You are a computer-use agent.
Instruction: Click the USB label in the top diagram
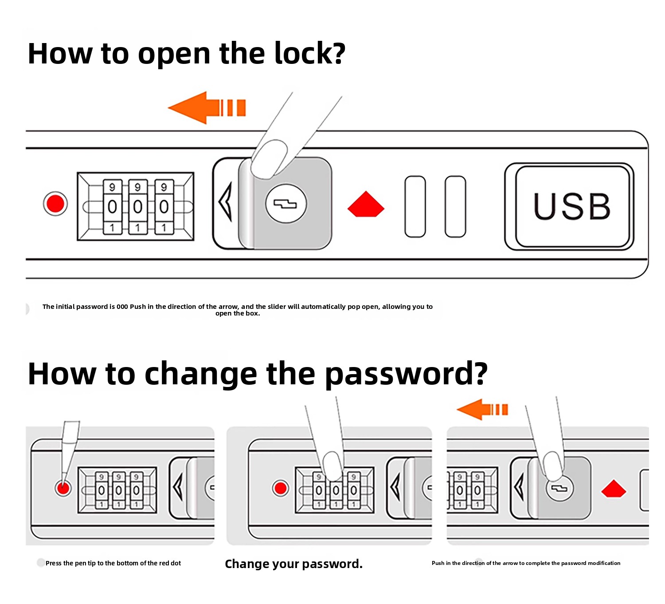[572, 206]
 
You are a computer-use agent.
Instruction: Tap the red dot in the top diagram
[55, 204]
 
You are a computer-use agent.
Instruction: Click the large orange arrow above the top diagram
[207, 107]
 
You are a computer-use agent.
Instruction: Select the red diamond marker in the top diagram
[366, 205]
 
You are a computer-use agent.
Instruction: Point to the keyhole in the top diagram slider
[286, 204]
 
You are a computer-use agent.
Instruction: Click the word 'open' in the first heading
[174, 54]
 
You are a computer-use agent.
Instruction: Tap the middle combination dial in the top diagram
[137, 206]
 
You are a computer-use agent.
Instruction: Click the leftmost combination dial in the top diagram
[112, 206]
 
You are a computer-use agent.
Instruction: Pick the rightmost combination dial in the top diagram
[164, 206]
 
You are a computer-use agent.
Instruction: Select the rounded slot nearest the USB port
[455, 206]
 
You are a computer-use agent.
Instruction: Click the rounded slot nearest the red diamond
[415, 206]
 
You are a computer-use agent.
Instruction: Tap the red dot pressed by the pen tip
[63, 489]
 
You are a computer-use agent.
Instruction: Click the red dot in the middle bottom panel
[281, 488]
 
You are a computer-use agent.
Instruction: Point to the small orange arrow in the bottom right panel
[482, 409]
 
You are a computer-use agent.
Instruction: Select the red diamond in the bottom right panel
[614, 489]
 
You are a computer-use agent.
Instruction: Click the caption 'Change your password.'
[293, 564]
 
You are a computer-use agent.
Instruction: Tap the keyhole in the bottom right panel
[559, 489]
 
